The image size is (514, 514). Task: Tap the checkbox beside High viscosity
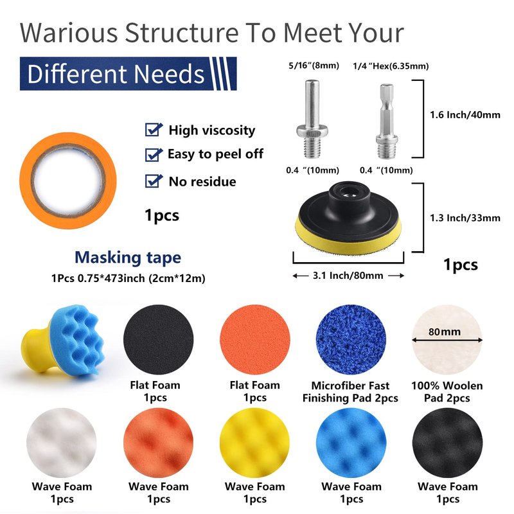(153, 130)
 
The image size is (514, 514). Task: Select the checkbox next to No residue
(153, 181)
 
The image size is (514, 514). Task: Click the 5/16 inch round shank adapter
(312, 119)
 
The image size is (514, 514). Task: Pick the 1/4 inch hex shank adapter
(387, 121)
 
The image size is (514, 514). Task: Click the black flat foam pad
(158, 340)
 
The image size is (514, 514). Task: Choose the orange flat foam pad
(254, 340)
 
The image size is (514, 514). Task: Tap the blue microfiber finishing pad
(351, 340)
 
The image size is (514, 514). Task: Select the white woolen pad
(447, 340)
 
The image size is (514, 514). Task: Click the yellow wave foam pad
(254, 443)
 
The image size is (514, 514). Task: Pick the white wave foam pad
(62, 443)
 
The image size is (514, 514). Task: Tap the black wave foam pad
(447, 443)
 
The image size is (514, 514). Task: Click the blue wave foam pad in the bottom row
(351, 443)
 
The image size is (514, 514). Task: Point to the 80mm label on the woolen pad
(445, 332)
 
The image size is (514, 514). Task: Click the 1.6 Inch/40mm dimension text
(465, 115)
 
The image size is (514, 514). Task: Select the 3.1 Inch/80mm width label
(348, 276)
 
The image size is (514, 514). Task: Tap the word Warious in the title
(69, 33)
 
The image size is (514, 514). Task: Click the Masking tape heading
(128, 258)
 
